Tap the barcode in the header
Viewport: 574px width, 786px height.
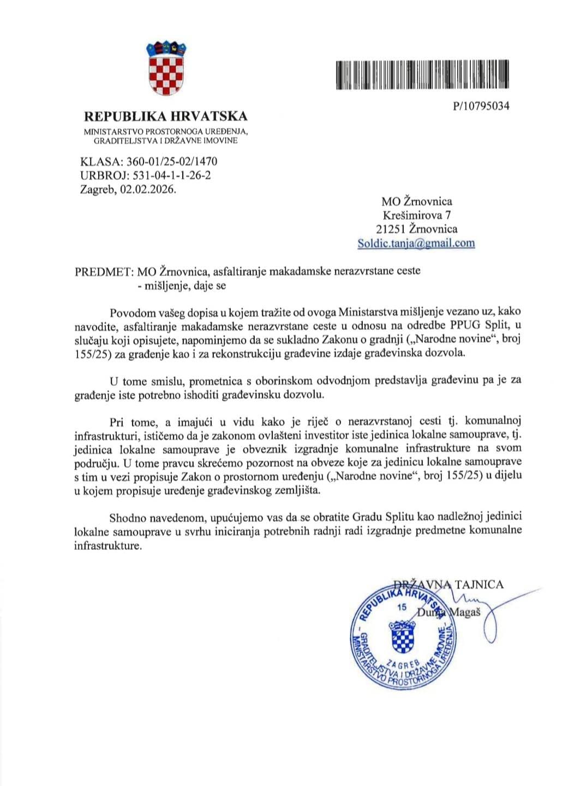(x=421, y=75)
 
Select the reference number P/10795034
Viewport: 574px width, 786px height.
(x=481, y=106)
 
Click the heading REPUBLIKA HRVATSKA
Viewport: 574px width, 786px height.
(x=165, y=116)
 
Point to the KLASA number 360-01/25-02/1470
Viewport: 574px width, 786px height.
(x=172, y=161)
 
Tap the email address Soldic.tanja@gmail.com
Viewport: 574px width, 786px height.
(x=416, y=243)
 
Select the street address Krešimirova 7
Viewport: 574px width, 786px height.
(x=416, y=215)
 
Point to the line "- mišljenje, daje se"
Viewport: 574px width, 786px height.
(x=181, y=285)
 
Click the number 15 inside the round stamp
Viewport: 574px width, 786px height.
(x=403, y=607)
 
